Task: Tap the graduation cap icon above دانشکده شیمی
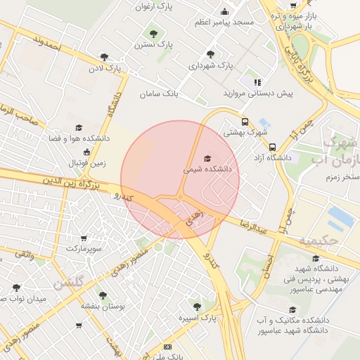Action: tap(207, 158)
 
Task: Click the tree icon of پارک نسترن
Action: tap(151, 32)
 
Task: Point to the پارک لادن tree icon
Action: tap(105, 58)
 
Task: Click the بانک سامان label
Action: tap(160, 94)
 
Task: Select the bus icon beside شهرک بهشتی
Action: tap(245, 120)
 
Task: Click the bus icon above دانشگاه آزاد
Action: tap(272, 147)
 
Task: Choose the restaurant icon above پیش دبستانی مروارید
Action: tap(258, 82)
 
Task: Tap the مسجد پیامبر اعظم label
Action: tap(224, 22)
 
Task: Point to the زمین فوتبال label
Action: tap(86, 163)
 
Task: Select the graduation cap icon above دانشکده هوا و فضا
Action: tap(79, 127)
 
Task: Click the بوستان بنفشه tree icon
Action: tap(103, 295)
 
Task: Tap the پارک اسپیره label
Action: tap(196, 318)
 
